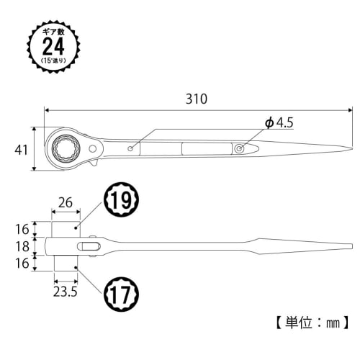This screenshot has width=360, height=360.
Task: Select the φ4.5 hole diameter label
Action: click(279, 123)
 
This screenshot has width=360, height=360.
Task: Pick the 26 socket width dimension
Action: click(65, 204)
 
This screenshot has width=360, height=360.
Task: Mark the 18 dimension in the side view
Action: click(22, 247)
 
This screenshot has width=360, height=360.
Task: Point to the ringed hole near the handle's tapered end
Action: click(240, 148)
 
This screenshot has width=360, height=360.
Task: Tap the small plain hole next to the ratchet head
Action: click(130, 149)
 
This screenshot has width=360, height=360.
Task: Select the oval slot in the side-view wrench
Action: click(91, 247)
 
